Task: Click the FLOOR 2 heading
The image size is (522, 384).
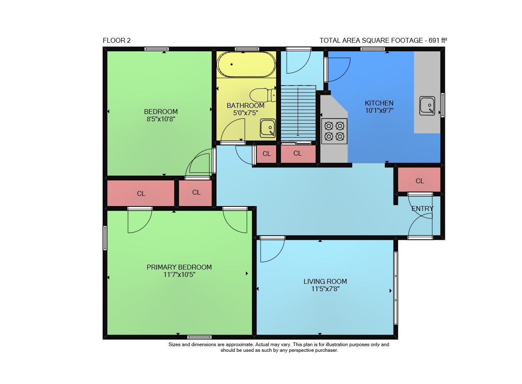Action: pos(117,40)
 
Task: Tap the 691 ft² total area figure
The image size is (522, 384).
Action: pos(438,40)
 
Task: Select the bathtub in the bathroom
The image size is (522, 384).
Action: pos(246,64)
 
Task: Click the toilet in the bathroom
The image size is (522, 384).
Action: pos(263,95)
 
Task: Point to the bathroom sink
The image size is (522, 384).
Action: pos(268,128)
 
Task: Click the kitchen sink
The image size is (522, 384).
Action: pos(427,106)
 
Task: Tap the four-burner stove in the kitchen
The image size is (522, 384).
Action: pos(334,131)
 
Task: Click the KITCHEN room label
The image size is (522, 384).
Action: pos(379,103)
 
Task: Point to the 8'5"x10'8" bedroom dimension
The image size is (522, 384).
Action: pos(161,119)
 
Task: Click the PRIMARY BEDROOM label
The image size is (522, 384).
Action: pos(179,267)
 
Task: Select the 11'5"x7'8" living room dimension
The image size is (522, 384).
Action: pos(325,289)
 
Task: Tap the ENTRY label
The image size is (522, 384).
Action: pos(422,209)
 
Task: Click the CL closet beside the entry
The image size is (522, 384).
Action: pos(419,180)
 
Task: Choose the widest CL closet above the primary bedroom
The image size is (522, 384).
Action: pos(141,193)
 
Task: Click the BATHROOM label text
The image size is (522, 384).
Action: pos(246,105)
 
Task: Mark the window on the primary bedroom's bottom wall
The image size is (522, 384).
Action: pos(199,337)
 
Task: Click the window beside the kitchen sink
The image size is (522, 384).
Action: pos(443,105)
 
